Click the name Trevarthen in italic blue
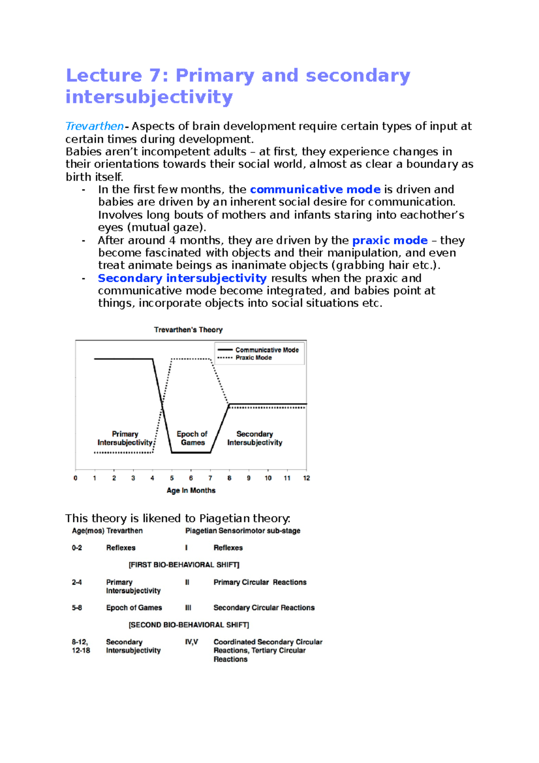pyautogui.click(x=94, y=126)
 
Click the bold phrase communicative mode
pyautogui.click(x=315, y=189)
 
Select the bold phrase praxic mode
pyautogui.click(x=389, y=240)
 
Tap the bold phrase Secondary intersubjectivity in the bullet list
pyautogui.click(x=182, y=278)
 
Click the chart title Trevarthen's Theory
pyautogui.click(x=188, y=330)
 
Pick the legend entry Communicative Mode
pyautogui.click(x=267, y=350)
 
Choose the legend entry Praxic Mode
pyautogui.click(x=253, y=358)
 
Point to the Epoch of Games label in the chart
pyautogui.click(x=192, y=438)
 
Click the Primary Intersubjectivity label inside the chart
pyautogui.click(x=125, y=438)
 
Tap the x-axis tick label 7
pyautogui.click(x=210, y=478)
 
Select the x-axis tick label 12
pyautogui.click(x=306, y=478)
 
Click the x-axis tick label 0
pyautogui.click(x=75, y=478)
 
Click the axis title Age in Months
pyautogui.click(x=191, y=491)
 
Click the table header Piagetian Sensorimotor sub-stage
pyautogui.click(x=243, y=531)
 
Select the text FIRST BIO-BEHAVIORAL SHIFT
pyautogui.click(x=184, y=565)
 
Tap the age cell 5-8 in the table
pyautogui.click(x=77, y=608)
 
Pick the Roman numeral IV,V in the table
pyautogui.click(x=191, y=642)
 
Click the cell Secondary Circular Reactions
pyautogui.click(x=264, y=608)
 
